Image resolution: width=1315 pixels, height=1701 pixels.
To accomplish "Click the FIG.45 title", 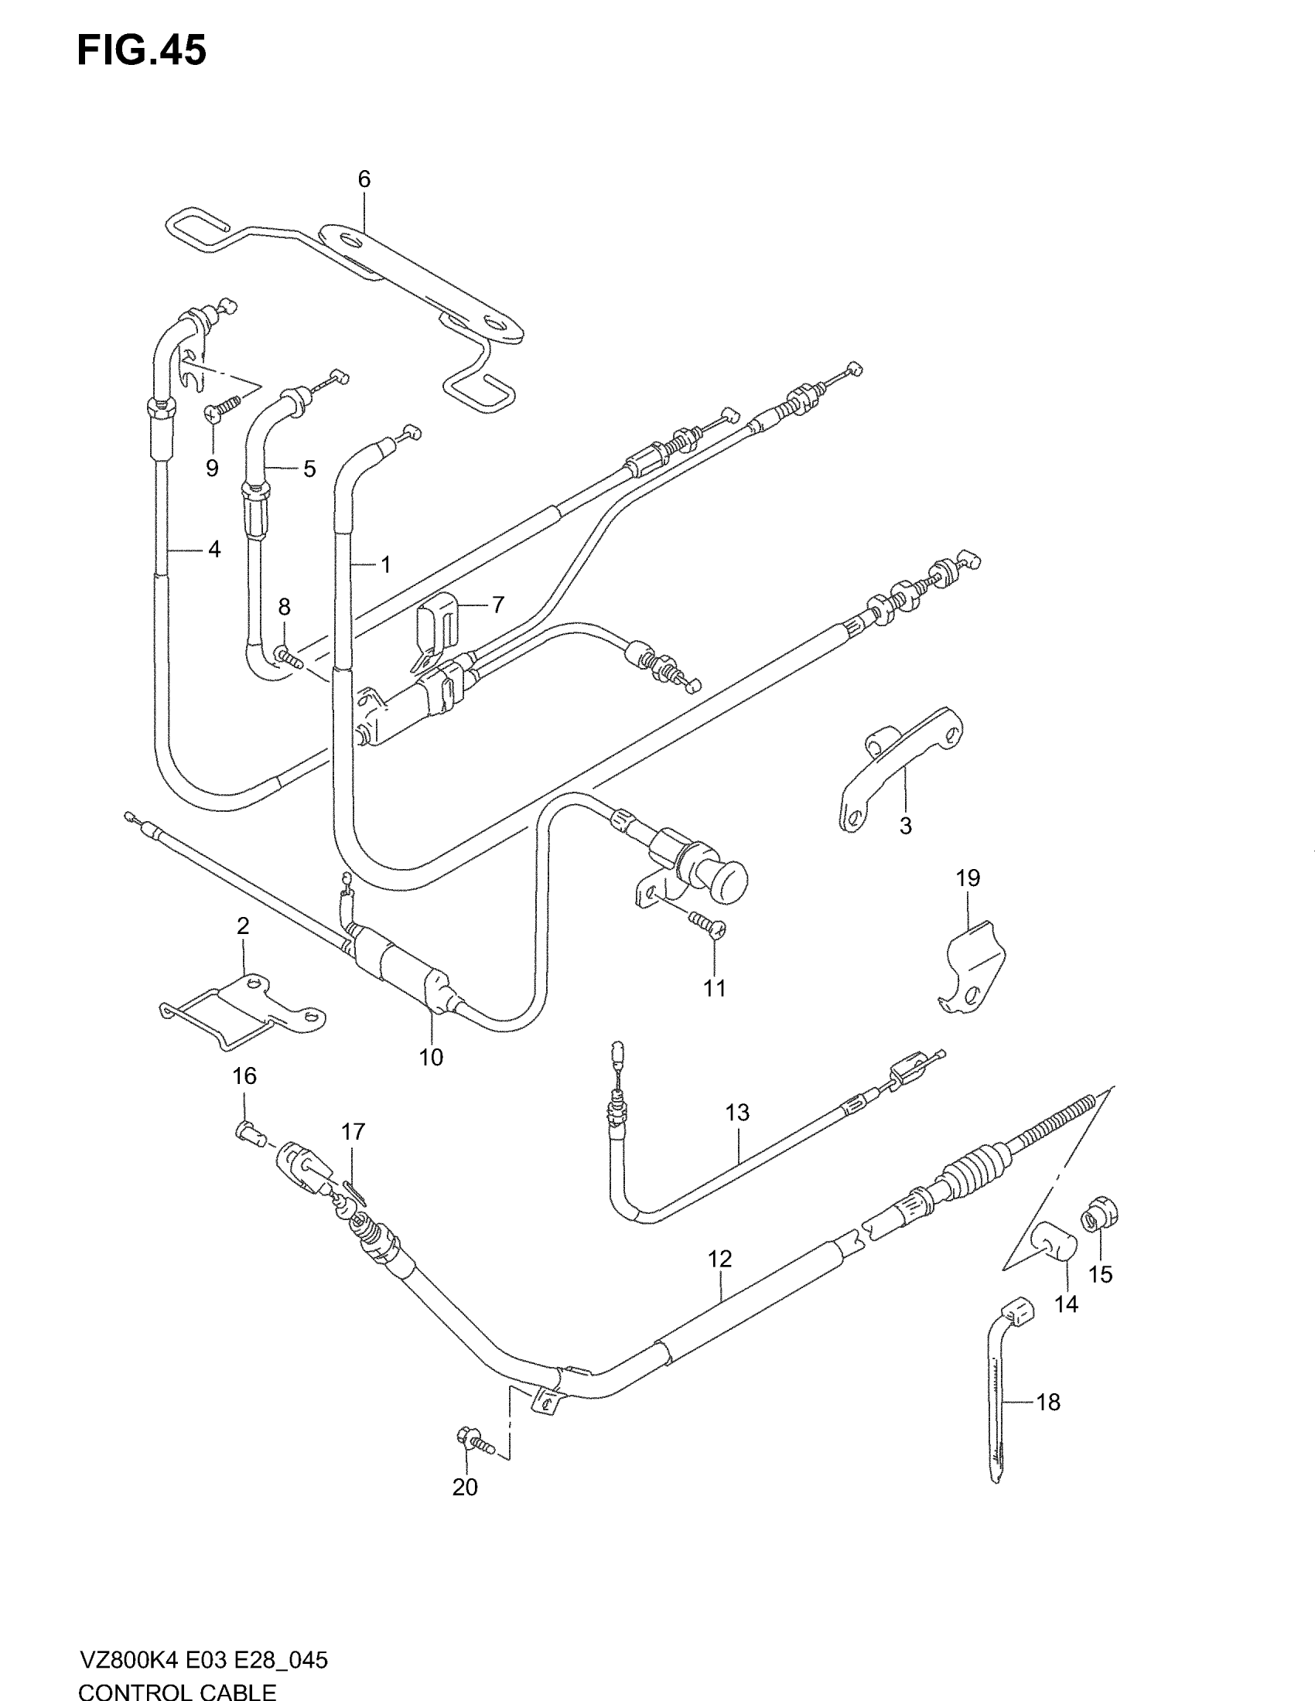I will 141,50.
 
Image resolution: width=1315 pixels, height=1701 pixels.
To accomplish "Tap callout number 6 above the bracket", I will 364,179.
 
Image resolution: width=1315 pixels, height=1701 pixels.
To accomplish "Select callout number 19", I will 968,878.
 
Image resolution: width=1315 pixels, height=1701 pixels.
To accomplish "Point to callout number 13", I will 737,1111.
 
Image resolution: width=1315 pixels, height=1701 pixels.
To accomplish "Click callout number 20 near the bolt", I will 465,1487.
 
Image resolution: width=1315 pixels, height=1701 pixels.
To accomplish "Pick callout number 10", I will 431,1057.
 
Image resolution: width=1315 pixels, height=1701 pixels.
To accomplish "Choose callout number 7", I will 498,604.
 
